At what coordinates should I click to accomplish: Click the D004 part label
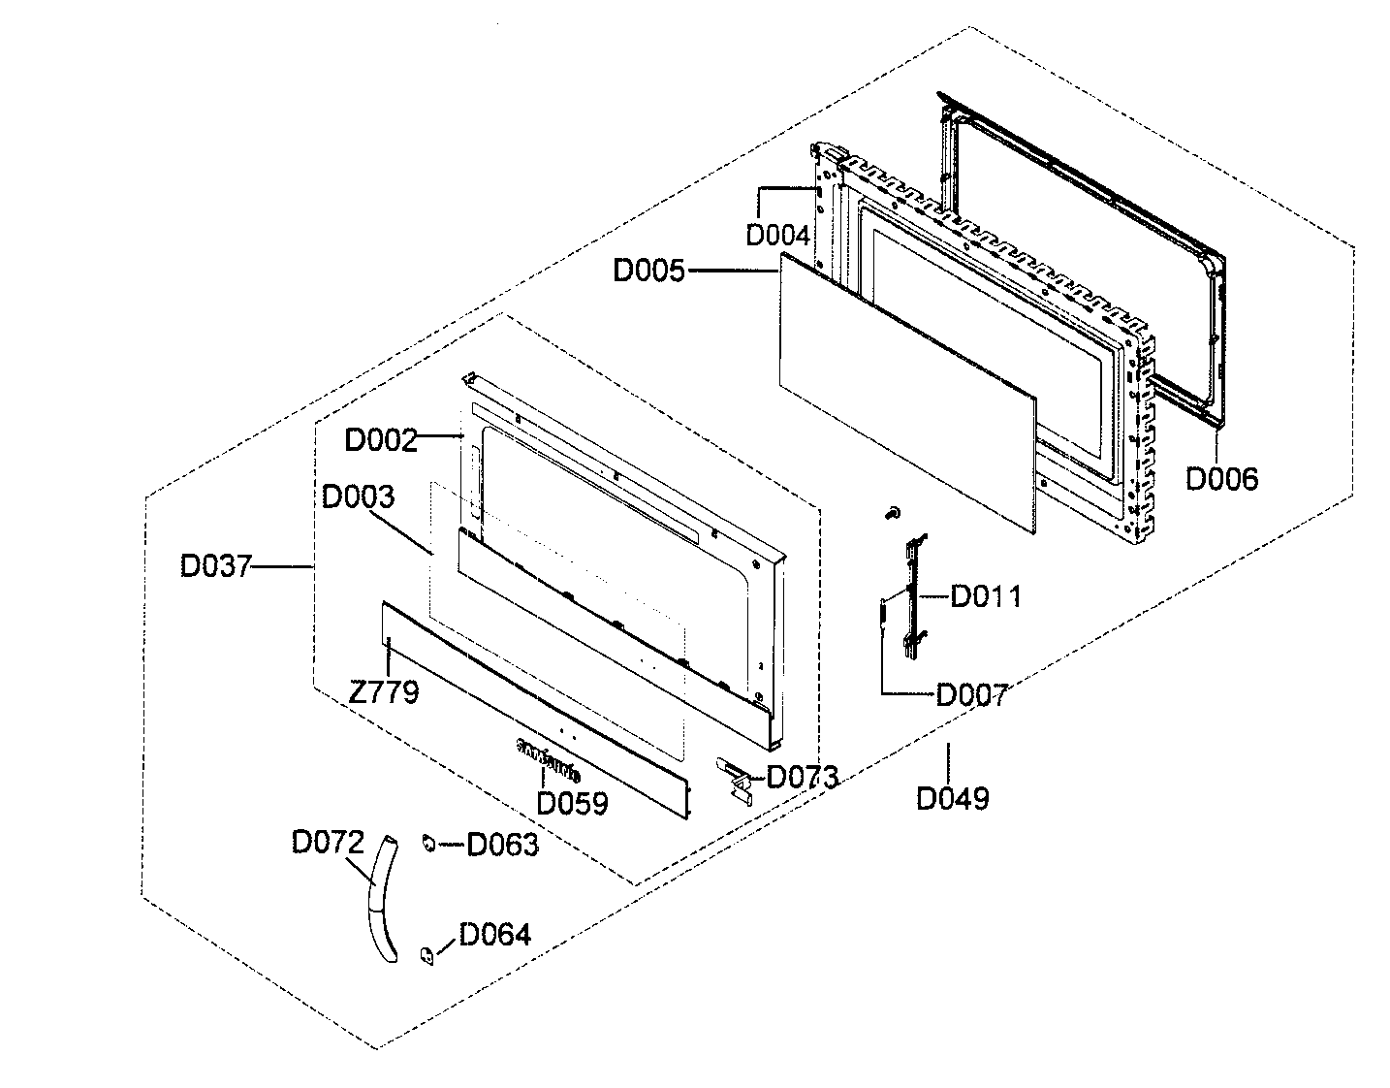[x=776, y=235]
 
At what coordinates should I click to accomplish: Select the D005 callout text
[x=648, y=272]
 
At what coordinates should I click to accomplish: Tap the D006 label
[x=1222, y=478]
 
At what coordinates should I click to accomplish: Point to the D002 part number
[x=381, y=440]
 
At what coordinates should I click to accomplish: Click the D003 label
[x=359, y=497]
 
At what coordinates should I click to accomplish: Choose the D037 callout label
[x=215, y=566]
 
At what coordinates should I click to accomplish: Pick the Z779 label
[x=384, y=692]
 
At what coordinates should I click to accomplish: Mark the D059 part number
[x=572, y=803]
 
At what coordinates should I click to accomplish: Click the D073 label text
[x=803, y=777]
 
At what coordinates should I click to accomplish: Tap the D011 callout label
[x=985, y=596]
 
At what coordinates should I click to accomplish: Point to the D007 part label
[x=971, y=694]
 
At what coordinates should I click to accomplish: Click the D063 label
[x=502, y=846]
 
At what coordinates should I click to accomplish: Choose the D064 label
[x=494, y=935]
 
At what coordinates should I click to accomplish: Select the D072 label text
[x=328, y=842]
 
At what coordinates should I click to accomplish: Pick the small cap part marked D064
[x=425, y=955]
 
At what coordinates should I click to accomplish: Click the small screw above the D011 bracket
[x=893, y=511]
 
